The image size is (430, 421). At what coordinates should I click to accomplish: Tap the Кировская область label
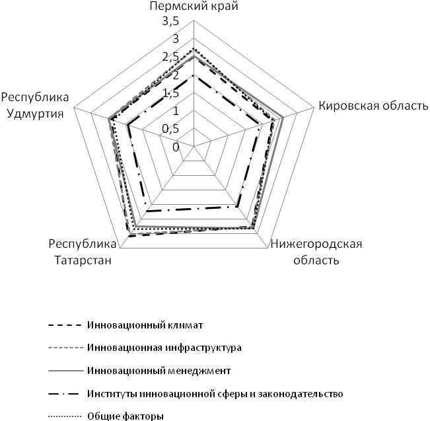click(x=373, y=106)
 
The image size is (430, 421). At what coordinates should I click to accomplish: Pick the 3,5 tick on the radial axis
click(x=170, y=22)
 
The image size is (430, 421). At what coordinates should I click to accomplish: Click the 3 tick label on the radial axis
click(x=175, y=40)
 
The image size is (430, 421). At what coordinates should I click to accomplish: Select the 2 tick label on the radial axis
click(x=175, y=75)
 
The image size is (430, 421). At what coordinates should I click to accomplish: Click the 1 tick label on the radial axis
click(x=175, y=111)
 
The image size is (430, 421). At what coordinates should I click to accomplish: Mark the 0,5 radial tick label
click(x=170, y=129)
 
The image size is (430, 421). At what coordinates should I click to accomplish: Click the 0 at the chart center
click(x=175, y=147)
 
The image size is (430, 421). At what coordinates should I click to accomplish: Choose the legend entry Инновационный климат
click(x=144, y=326)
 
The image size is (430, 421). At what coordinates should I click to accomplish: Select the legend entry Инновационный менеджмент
click(x=157, y=370)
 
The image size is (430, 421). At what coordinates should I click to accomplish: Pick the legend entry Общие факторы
click(x=124, y=416)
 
